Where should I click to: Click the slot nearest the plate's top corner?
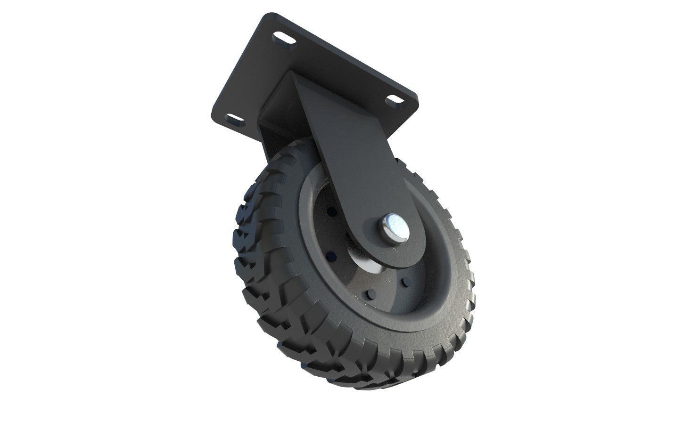pyautogui.click(x=281, y=37)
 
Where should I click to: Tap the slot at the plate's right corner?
pyautogui.click(x=393, y=99)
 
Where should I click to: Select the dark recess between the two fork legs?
pyautogui.click(x=278, y=101)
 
